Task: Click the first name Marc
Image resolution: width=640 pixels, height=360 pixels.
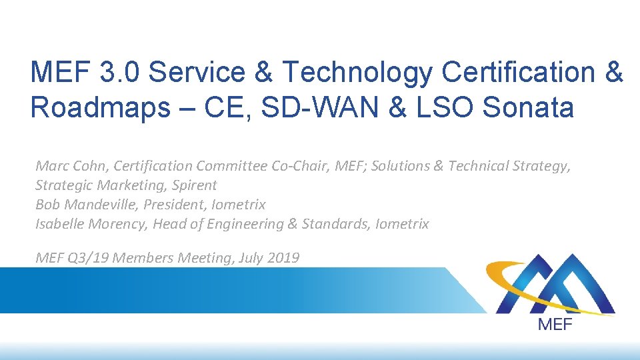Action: click(x=51, y=166)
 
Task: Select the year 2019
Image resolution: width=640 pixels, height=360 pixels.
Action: click(x=283, y=257)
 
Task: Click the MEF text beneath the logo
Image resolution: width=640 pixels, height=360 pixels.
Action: click(x=554, y=325)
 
